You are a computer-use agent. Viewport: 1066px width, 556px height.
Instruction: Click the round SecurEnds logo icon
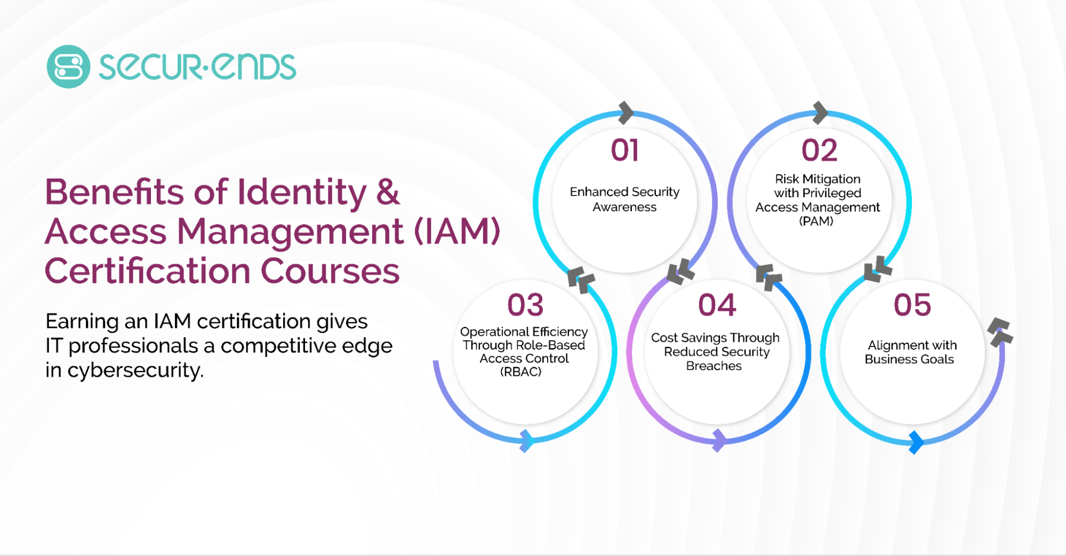[x=68, y=67]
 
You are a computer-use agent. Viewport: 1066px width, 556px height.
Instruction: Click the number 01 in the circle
[x=624, y=150]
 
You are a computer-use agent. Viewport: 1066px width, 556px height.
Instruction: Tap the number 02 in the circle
[x=819, y=150]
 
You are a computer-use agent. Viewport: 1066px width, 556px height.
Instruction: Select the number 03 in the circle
[x=525, y=305]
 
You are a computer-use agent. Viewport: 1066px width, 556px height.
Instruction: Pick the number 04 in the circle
[x=717, y=305]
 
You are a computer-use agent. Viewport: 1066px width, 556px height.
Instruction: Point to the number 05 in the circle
[x=912, y=305]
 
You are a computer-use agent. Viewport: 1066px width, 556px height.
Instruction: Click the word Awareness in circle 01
[x=624, y=207]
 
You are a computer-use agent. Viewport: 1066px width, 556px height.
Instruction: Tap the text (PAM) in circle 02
[x=816, y=221]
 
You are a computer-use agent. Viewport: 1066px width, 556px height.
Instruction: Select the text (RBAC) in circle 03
[x=521, y=372]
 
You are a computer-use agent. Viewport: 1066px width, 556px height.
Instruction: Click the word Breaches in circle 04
[x=714, y=366]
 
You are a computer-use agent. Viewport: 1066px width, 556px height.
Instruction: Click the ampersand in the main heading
[x=388, y=191]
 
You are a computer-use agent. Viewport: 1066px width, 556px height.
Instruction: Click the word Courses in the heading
[x=330, y=271]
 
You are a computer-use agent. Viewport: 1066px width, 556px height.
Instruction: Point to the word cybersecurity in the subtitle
[x=135, y=370]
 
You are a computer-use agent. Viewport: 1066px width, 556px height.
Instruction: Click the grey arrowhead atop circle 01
[x=626, y=112]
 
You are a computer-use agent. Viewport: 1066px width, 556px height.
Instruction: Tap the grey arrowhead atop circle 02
[x=820, y=112]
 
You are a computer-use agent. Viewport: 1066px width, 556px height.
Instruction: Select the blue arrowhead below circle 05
[x=916, y=442]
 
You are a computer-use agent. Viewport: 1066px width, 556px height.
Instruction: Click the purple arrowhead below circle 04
[x=719, y=440]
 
